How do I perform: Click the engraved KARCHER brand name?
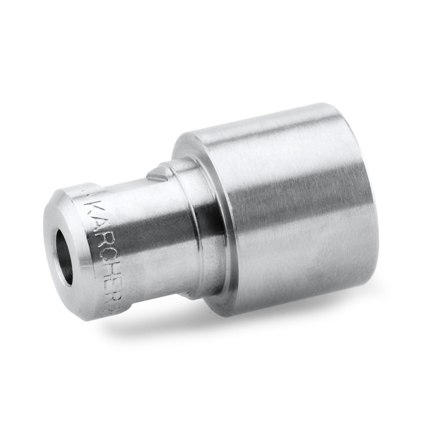[x=95, y=244]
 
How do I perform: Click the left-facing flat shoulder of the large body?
[x=182, y=151]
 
